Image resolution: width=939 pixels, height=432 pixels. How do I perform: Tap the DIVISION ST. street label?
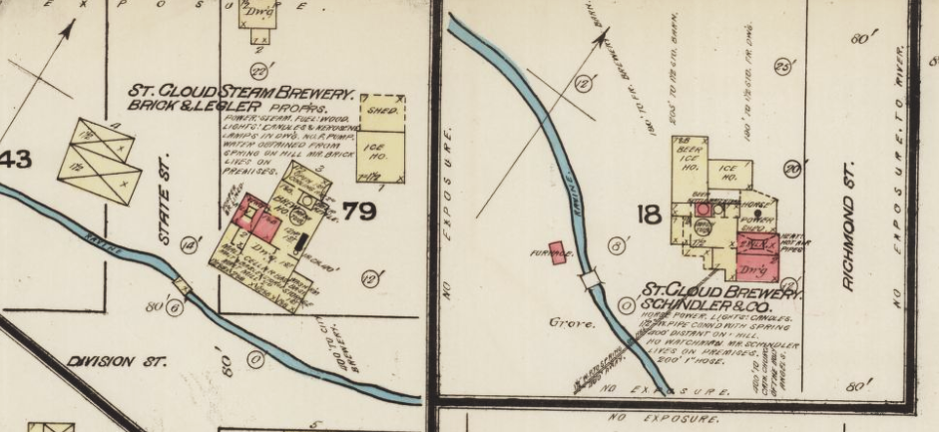(x=117, y=361)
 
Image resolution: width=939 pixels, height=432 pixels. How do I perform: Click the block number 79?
(x=357, y=212)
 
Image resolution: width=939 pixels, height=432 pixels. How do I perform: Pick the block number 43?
(x=19, y=158)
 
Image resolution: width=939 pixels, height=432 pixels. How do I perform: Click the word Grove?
(x=566, y=322)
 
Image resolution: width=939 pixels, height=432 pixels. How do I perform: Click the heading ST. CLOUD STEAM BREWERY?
(x=240, y=91)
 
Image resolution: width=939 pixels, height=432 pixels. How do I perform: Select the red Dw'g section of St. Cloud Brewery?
(x=754, y=267)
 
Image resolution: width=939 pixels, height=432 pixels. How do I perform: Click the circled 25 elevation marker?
(x=783, y=67)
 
